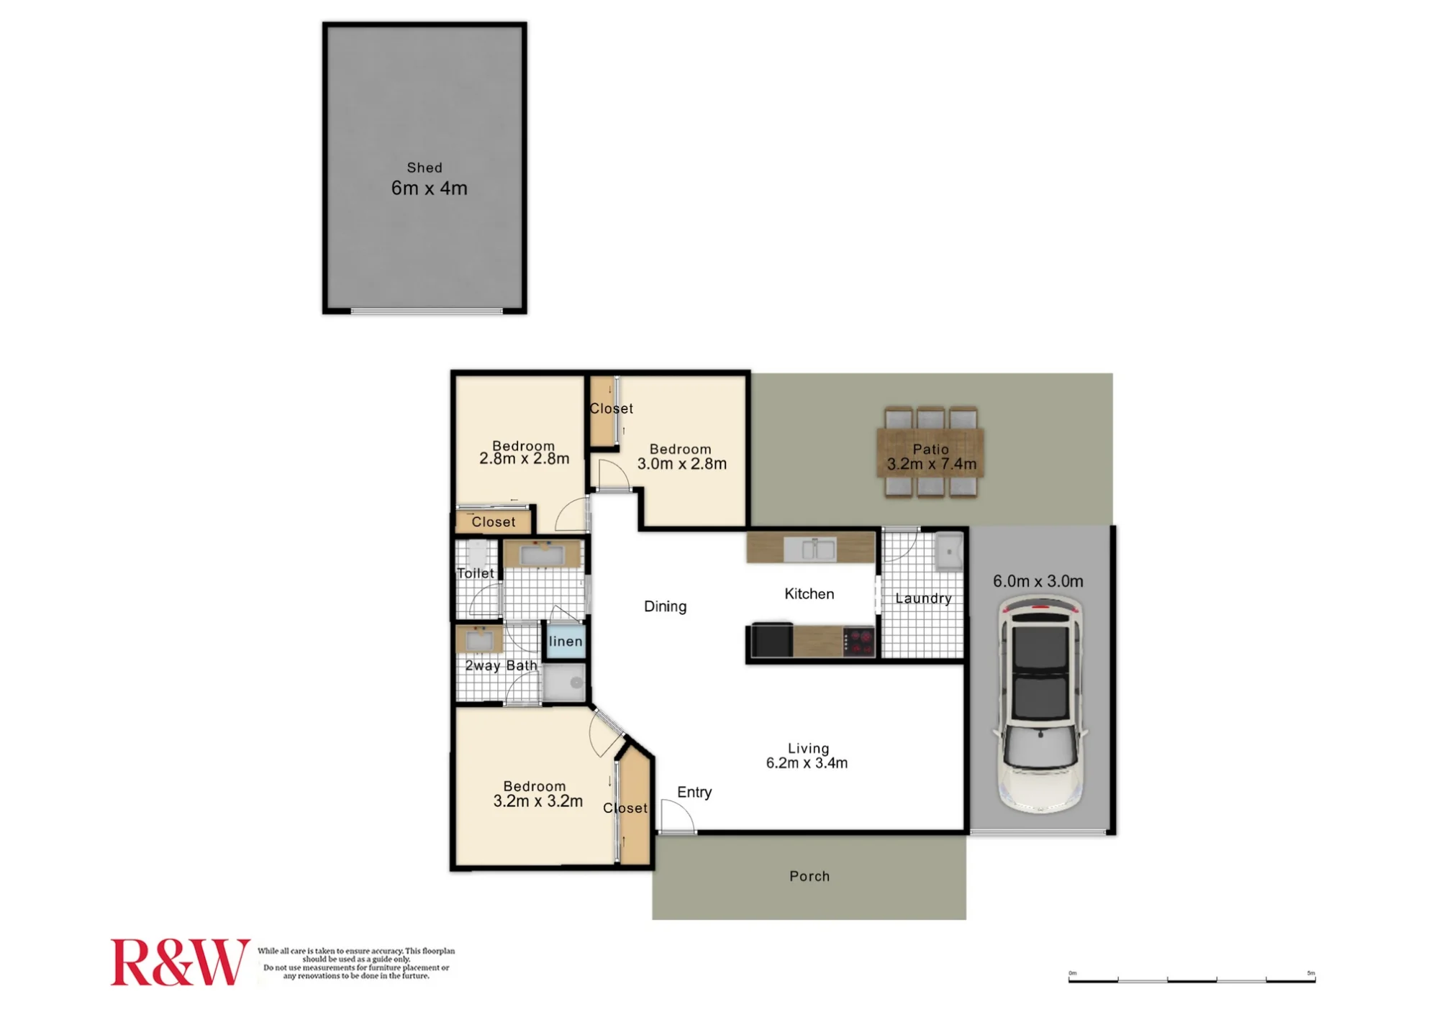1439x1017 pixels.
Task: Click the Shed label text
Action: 425,168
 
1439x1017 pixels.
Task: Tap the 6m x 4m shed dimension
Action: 429,188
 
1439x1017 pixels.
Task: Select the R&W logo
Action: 180,962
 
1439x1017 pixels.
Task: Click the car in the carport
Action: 1040,705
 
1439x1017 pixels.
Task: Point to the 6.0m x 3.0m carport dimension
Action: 1038,581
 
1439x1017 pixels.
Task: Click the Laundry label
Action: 923,598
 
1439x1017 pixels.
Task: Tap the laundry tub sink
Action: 949,552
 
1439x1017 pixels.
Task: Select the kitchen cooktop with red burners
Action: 859,641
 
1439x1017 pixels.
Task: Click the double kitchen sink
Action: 809,549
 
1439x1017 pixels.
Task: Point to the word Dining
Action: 665,606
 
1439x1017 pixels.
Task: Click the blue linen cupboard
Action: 566,641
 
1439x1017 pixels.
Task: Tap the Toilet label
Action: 476,573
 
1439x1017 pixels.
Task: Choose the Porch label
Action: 809,876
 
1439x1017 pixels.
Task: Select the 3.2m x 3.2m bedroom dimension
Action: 537,801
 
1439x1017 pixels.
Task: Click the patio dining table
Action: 930,452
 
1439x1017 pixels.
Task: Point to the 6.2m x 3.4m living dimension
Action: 807,763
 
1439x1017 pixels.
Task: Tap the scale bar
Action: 1191,979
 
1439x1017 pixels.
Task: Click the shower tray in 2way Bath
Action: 564,682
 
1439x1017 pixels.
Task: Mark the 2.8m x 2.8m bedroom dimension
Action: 524,459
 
